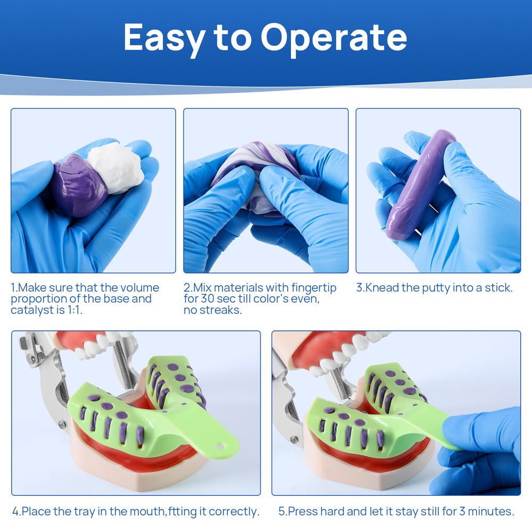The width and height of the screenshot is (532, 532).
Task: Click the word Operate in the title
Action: (334, 37)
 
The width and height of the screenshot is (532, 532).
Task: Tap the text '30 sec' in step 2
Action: (207, 299)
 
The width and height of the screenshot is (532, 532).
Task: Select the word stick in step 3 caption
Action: (498, 288)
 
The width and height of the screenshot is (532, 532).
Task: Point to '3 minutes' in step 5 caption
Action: (487, 512)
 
